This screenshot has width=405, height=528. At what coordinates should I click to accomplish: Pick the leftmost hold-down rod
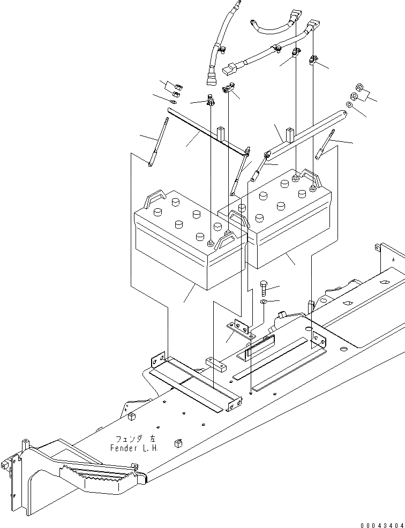pos(156,143)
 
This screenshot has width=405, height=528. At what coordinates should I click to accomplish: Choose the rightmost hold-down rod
pos(326,145)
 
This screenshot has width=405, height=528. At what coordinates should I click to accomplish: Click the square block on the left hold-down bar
pos(221,132)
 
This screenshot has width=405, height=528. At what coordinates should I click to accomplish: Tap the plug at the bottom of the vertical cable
pos(210,80)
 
